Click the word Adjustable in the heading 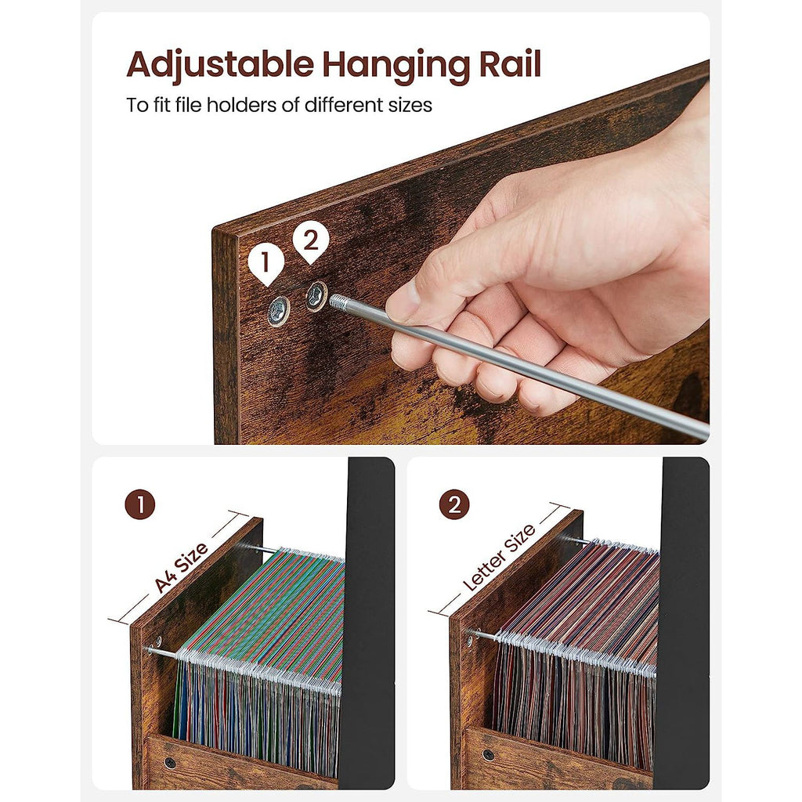point(220,66)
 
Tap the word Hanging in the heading point(395,66)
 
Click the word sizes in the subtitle point(410,105)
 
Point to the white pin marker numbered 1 point(266,263)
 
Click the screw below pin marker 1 point(279,310)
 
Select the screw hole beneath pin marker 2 point(316,295)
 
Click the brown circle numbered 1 point(139,505)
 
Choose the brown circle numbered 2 point(454,504)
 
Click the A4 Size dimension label point(181,567)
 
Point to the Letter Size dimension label point(499,557)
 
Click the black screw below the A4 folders point(169,763)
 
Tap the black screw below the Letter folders point(488,754)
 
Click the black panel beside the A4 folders point(367,621)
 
